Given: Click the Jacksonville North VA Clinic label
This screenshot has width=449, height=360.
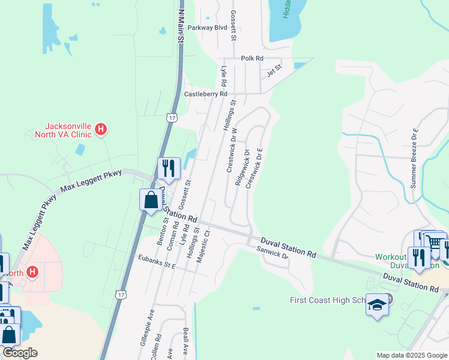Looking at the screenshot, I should (69, 130).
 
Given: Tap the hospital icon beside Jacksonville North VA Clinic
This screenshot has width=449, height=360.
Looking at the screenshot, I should (101, 129).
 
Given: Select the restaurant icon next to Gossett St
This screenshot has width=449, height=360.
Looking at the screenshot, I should (169, 168).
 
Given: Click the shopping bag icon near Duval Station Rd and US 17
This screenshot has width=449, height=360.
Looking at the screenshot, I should (151, 200).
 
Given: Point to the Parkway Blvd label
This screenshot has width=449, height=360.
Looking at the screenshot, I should (207, 28).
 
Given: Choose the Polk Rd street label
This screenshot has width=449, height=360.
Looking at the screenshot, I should (252, 58).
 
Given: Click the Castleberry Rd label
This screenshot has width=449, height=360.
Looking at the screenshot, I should (205, 94).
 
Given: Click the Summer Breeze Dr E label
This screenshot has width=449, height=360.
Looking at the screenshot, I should (414, 158).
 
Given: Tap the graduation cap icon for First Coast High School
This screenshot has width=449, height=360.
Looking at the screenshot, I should (377, 306).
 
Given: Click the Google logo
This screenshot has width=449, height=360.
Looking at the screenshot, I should (20, 353).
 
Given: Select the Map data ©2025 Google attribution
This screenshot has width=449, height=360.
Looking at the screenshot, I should (412, 355).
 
